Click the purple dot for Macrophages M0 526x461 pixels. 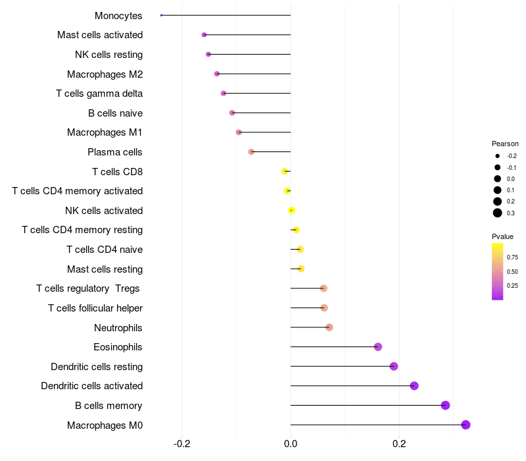point(466,425)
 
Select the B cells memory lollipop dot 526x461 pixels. point(445,405)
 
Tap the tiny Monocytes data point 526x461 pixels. point(161,15)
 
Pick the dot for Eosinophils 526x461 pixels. point(378,347)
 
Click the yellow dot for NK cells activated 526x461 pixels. point(291,211)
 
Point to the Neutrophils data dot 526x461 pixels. point(329,327)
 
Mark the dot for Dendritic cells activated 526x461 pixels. point(414,386)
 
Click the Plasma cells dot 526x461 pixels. point(251,152)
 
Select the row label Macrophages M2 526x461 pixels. point(105,74)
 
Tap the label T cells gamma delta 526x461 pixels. point(99,94)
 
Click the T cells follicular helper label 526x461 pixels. point(95,308)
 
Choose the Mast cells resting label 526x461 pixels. point(105,269)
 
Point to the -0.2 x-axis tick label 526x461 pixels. point(182,443)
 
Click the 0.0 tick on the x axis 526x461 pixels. point(291,443)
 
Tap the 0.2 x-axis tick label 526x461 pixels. point(399,443)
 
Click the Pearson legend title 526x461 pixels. point(505,144)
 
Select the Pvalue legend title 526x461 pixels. point(502,236)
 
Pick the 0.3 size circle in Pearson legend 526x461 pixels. point(498,213)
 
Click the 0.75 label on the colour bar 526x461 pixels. point(512,258)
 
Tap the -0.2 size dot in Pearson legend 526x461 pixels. point(498,156)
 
